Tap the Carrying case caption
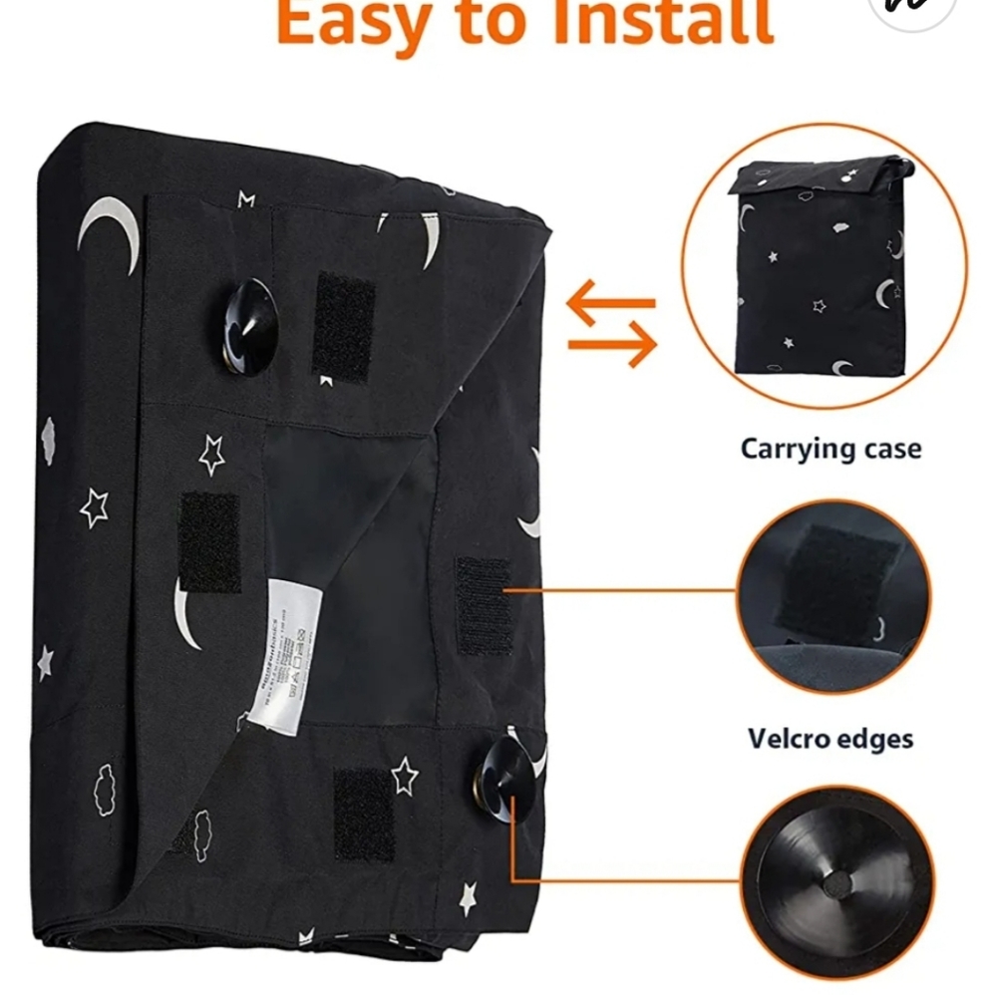pyautogui.click(x=831, y=449)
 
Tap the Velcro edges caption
pyautogui.click(x=831, y=739)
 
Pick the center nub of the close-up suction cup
pyautogui.click(x=835, y=881)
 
